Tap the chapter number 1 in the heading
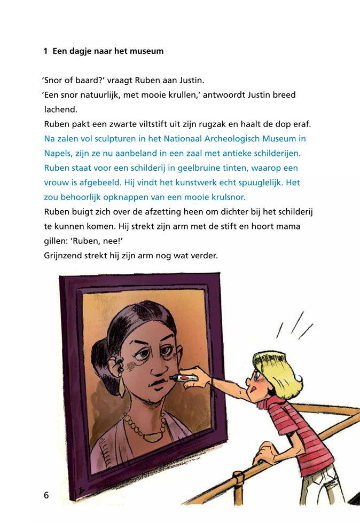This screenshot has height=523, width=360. (x=46, y=52)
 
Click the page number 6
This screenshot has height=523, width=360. (x=46, y=495)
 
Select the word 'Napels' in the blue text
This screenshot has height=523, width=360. (x=57, y=153)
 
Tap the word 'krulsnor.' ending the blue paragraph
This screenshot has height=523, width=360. (x=226, y=197)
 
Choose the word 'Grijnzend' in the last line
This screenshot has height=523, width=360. (x=64, y=256)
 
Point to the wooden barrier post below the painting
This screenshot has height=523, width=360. (x=239, y=488)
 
